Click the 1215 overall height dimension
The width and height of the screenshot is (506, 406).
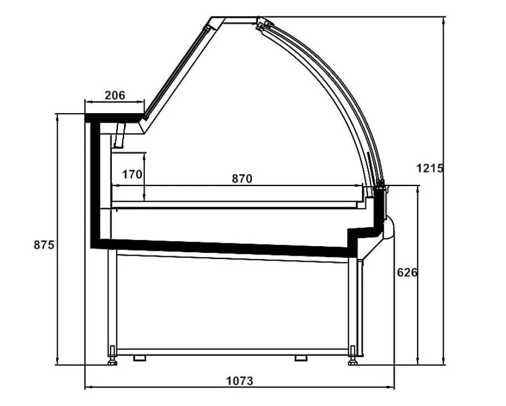tap(430, 168)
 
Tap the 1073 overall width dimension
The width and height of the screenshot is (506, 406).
tap(240, 381)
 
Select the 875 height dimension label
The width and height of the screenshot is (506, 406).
tap(44, 245)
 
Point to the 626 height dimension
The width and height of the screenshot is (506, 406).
tap(407, 272)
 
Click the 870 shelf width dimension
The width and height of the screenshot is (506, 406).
tap(242, 178)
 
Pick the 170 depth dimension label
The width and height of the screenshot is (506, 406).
tap(132, 174)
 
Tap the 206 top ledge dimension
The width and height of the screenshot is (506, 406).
tap(115, 95)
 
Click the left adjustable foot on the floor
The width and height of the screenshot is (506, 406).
tap(112, 355)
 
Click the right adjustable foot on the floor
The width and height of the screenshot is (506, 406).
tap(353, 355)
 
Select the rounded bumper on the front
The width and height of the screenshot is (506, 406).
tap(389, 228)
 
